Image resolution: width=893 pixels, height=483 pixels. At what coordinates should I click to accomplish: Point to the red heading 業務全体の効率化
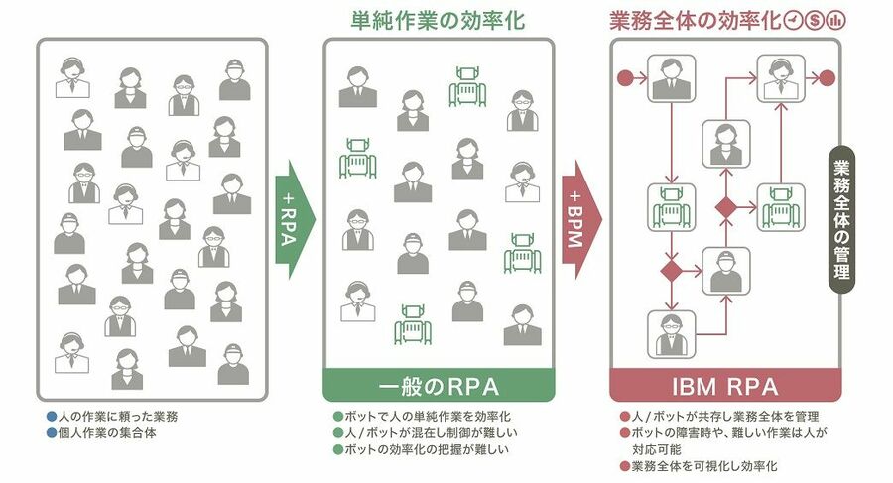[x=694, y=20]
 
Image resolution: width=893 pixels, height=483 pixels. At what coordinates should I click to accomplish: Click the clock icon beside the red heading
[x=794, y=20]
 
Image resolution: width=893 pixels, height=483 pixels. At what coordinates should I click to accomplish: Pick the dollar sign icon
[x=815, y=20]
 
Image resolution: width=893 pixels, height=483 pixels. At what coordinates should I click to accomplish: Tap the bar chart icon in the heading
[x=835, y=20]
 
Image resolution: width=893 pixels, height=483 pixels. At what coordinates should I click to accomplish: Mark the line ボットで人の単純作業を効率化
[x=427, y=417]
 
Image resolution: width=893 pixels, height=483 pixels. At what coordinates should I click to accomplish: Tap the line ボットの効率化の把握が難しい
[x=426, y=451]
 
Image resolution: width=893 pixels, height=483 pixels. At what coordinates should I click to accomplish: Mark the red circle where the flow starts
[x=625, y=76]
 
